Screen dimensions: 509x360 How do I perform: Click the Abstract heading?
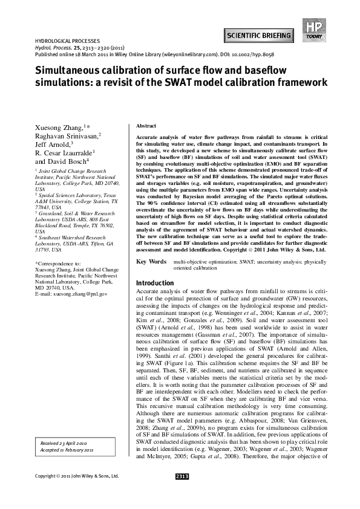pos(146,125)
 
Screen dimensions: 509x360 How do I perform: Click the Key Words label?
pos(151,262)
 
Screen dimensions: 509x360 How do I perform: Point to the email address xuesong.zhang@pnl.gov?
pos(74,293)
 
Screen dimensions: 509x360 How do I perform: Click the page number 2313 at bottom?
pos(182,494)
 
